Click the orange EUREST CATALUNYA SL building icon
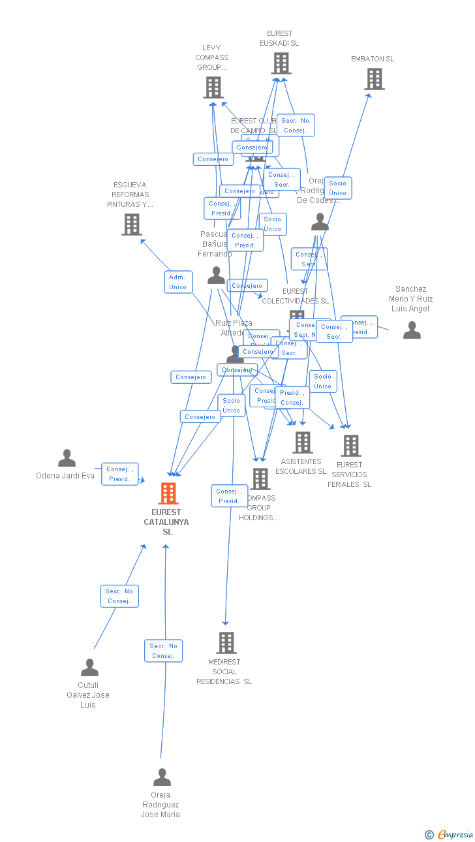[x=168, y=493]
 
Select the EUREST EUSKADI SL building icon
[x=281, y=63]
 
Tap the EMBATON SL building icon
[x=374, y=79]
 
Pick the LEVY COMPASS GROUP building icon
[x=213, y=87]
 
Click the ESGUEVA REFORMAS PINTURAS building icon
[x=131, y=225]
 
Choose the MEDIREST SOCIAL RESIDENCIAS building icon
[x=226, y=643]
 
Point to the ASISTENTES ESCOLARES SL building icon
[x=302, y=443]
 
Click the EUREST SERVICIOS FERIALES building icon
[x=350, y=446]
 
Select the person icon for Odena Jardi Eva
[x=67, y=458]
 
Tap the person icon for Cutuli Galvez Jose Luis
[x=89, y=668]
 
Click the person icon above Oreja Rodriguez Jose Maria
[x=162, y=777]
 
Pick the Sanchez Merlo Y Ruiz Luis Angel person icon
[x=412, y=330]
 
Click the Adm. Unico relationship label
[x=178, y=282]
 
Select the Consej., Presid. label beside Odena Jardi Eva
[x=119, y=474]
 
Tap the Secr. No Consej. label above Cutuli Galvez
[x=119, y=596]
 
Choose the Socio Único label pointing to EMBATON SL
[x=338, y=188]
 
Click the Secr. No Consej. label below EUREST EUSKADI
[x=296, y=125]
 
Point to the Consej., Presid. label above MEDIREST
[x=229, y=496]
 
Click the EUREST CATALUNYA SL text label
[x=166, y=522]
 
